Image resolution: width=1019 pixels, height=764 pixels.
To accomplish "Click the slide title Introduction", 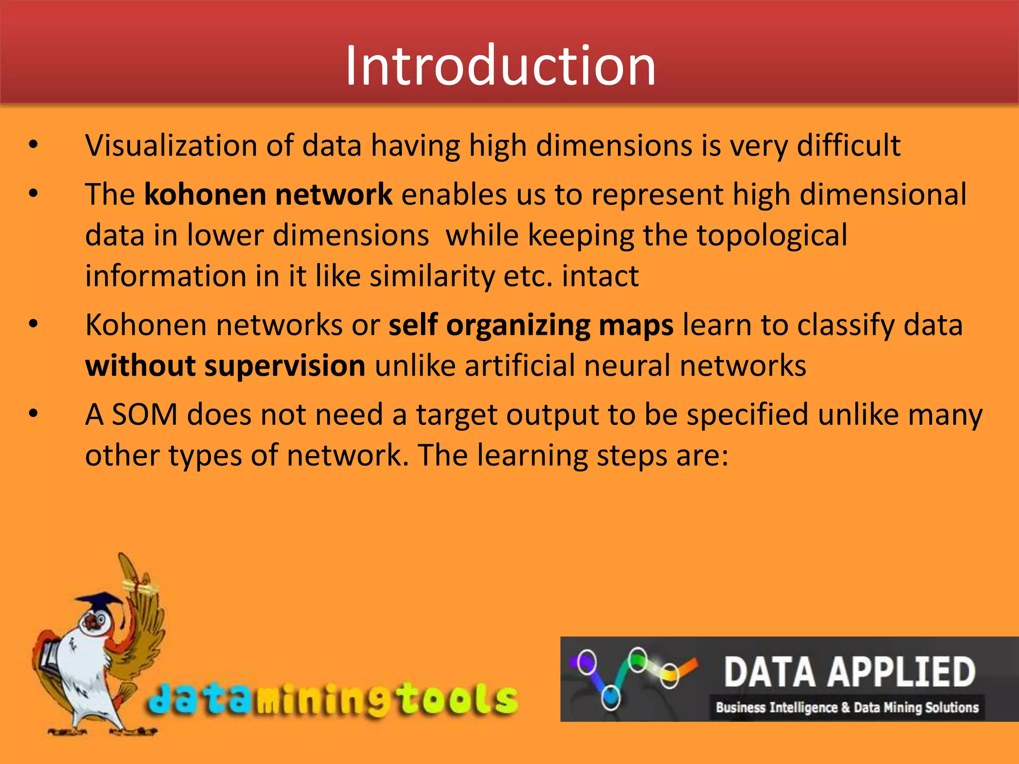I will tap(500, 66).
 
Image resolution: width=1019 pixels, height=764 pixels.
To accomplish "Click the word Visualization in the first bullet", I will tap(171, 146).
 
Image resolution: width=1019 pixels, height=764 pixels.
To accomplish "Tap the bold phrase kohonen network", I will tap(268, 194).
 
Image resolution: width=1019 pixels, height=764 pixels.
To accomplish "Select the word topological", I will tap(771, 235).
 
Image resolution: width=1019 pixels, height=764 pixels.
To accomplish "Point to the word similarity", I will tap(431, 276).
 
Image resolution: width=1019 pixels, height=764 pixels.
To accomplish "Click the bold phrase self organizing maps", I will tap(531, 325).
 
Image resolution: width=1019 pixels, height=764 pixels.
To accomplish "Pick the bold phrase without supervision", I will tap(225, 366).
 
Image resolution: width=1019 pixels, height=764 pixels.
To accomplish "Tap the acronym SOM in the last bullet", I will tap(144, 415).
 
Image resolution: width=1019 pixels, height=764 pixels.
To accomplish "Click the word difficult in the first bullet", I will tap(848, 146).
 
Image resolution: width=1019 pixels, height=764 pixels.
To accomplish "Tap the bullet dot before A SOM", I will tap(33, 414).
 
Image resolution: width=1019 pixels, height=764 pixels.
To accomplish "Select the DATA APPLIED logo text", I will tap(849, 672).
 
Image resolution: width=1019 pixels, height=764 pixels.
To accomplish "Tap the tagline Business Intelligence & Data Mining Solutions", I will tap(847, 707).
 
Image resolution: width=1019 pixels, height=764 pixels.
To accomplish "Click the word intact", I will tap(600, 276).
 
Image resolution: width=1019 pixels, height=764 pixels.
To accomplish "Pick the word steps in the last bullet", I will tap(631, 456).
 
